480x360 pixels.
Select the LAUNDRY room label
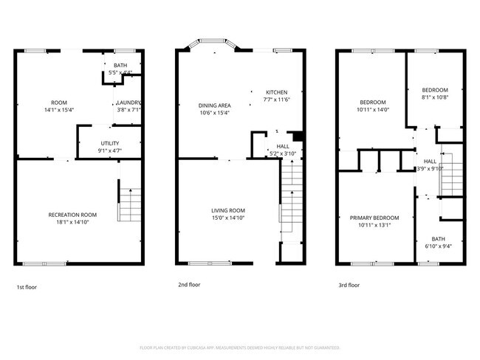pos(128,103)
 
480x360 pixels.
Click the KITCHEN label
pos(278,92)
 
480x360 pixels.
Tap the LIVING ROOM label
pos(227,210)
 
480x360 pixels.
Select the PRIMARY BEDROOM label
pos(374,218)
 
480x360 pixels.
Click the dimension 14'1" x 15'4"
pos(58,109)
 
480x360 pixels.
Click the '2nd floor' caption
pos(189,284)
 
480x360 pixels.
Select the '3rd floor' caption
pos(349,285)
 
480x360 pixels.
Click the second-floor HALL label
pos(283,146)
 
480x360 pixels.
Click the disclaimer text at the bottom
pos(239,346)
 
